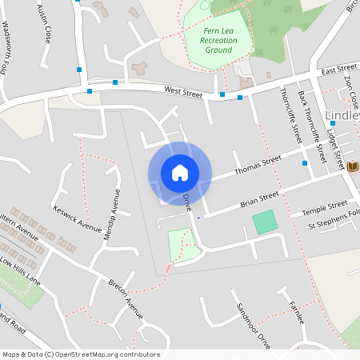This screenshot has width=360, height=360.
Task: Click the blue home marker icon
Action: [179, 172]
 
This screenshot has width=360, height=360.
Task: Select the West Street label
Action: [183, 94]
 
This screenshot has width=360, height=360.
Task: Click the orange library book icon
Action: [353, 166]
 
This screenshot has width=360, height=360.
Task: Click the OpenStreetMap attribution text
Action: [80, 354]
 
